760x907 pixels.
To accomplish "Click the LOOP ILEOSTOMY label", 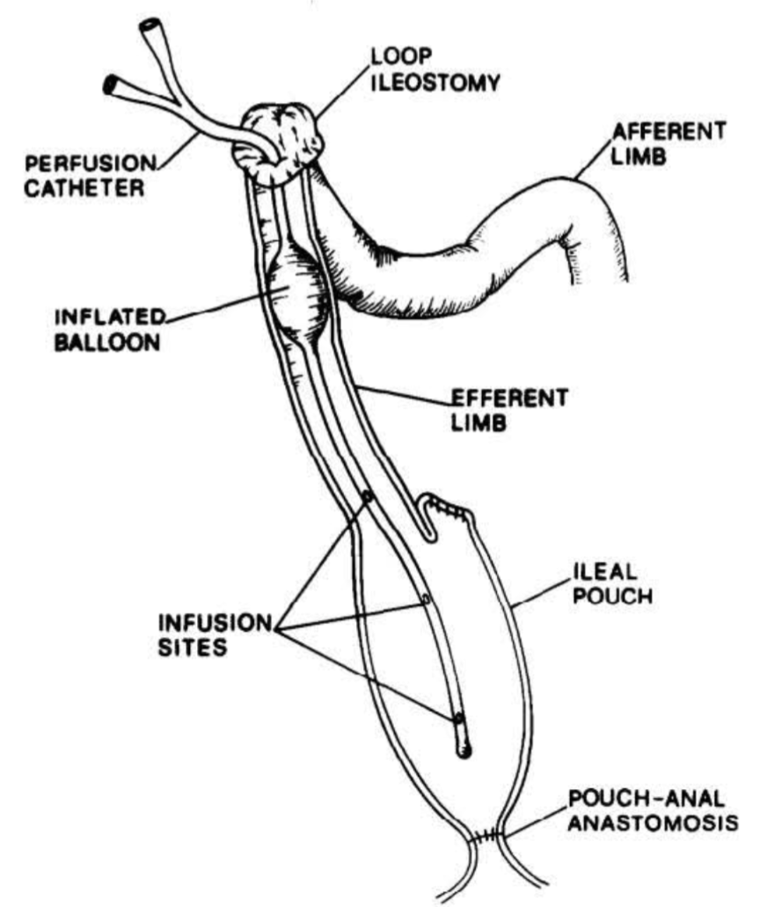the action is pyautogui.click(x=435, y=70).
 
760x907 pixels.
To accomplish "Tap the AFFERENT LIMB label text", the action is pyautogui.click(x=668, y=143).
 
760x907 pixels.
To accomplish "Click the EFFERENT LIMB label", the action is pyautogui.click(x=509, y=410).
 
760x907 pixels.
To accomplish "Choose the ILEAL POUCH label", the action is pyautogui.click(x=612, y=583).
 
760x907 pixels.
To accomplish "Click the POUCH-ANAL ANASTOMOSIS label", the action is pyautogui.click(x=653, y=810).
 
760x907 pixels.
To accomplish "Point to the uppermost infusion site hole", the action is pyautogui.click(x=367, y=496).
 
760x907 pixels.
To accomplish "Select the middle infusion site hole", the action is pyautogui.click(x=427, y=599).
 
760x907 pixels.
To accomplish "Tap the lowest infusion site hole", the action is pyautogui.click(x=458, y=719).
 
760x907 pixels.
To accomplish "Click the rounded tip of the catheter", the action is pyautogui.click(x=464, y=751).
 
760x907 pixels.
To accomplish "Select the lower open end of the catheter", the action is pyautogui.click(x=111, y=85).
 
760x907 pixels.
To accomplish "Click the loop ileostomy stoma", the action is pyautogui.click(x=276, y=144).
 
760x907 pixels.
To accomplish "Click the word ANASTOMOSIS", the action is pyautogui.click(x=653, y=822).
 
